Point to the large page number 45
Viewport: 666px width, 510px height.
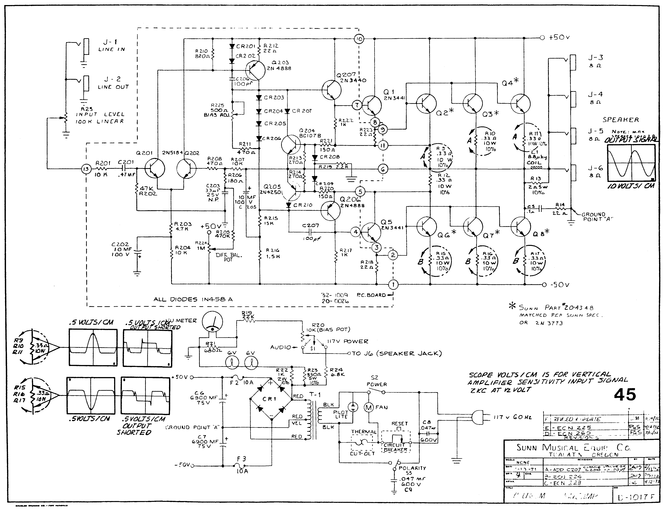pyautogui.click(x=625, y=395)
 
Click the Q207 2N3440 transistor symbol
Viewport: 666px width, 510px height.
pyautogui.click(x=331, y=90)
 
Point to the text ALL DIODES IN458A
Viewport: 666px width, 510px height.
pyautogui.click(x=193, y=299)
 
